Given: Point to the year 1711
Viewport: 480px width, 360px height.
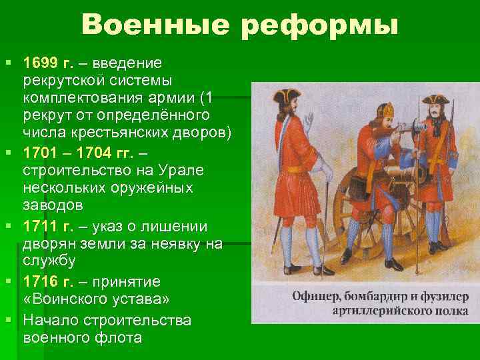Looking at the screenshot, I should coord(40,226).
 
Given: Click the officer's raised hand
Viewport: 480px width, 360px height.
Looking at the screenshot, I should coord(308,121).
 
